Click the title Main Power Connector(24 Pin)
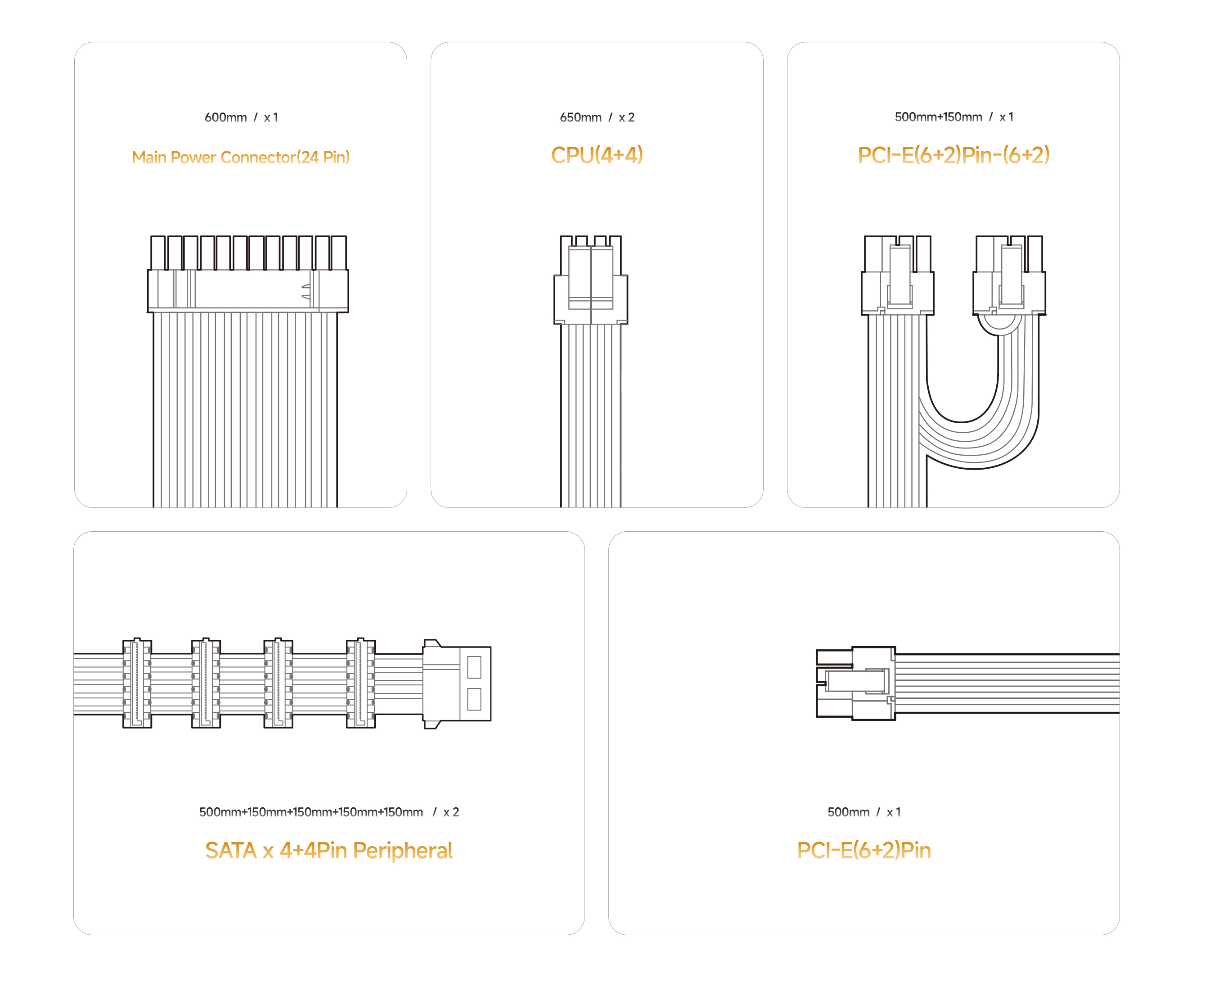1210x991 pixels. [x=240, y=157]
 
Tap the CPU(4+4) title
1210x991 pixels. [x=597, y=155]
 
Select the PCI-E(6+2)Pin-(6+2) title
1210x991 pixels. [x=953, y=155]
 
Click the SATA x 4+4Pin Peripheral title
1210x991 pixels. [x=328, y=851]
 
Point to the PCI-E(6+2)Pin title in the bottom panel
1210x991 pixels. [x=864, y=851]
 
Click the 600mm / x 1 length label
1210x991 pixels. [x=241, y=117]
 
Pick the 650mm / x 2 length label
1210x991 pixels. [x=597, y=117]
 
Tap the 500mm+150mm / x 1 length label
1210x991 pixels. [x=953, y=117]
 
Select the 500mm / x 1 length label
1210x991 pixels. [x=864, y=812]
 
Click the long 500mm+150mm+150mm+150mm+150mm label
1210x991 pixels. [x=311, y=812]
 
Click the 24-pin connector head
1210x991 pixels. [x=248, y=275]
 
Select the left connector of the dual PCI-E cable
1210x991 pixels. [x=897, y=275]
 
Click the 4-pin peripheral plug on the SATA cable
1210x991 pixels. [x=456, y=683]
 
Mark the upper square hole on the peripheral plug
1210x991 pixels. [x=474, y=667]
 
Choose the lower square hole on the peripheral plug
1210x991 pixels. [x=474, y=699]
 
